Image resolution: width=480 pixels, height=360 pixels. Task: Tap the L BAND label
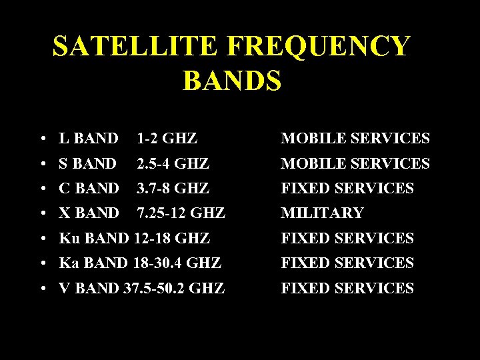(88, 139)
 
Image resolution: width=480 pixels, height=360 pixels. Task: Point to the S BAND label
(87, 163)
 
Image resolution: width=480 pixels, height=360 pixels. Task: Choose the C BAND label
(88, 189)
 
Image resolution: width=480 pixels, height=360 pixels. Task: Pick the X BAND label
(89, 213)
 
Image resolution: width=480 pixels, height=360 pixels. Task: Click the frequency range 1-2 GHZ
(167, 139)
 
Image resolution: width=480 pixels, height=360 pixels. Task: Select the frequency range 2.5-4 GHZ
(173, 163)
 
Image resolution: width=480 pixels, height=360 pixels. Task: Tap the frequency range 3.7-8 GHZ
(173, 189)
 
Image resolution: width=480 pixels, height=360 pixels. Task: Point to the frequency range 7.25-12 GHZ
(181, 213)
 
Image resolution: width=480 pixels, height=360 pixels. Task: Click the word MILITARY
(322, 213)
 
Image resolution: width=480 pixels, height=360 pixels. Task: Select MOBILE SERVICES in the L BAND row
(355, 139)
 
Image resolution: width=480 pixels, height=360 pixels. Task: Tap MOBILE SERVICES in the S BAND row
(355, 163)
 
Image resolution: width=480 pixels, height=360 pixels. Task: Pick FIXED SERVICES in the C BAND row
(347, 189)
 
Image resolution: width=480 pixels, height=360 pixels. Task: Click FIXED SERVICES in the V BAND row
(347, 289)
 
